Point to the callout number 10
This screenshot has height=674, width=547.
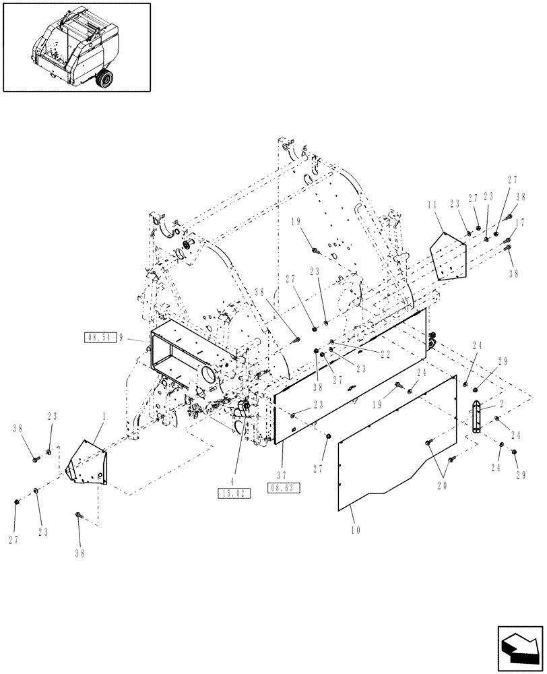coord(355,530)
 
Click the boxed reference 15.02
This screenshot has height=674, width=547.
coord(234,493)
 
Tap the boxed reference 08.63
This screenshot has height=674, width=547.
coord(284,487)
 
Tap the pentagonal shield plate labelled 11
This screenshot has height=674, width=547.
coord(447,256)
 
